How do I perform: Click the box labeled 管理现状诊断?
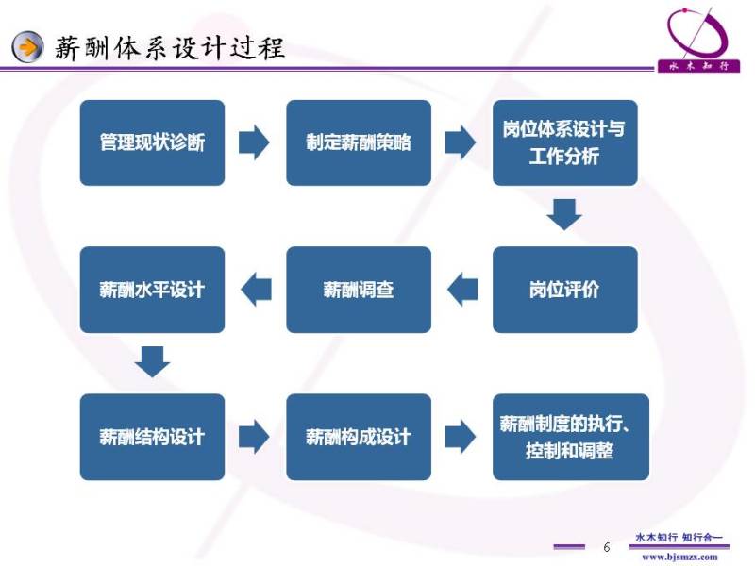tap(152, 142)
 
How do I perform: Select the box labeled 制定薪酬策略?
tap(359, 142)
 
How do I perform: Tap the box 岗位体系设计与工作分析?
tap(564, 142)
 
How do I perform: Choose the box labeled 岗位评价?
tap(564, 290)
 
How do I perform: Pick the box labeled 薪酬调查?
tap(359, 290)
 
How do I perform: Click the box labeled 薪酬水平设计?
tap(152, 290)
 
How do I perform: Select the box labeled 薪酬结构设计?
tap(152, 437)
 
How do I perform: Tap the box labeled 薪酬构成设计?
tap(359, 437)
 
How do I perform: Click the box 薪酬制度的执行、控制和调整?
tap(570, 437)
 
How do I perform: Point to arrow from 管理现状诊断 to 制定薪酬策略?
tap(254, 142)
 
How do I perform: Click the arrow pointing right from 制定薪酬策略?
tap(461, 142)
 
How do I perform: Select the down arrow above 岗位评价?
tap(564, 214)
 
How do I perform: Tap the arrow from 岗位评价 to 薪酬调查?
tap(462, 290)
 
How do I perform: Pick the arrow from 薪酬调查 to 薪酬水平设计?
tap(256, 290)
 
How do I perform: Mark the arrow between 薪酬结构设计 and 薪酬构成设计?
tap(254, 437)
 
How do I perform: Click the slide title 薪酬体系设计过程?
tap(170, 46)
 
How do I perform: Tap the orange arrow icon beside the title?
tap(29, 46)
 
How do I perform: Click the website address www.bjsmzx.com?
tap(679, 557)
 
